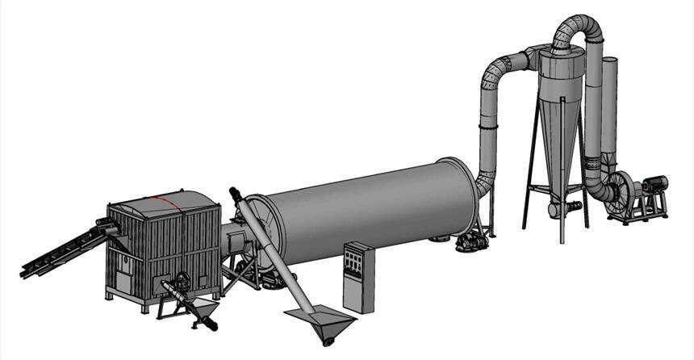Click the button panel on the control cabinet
point(353,262)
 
